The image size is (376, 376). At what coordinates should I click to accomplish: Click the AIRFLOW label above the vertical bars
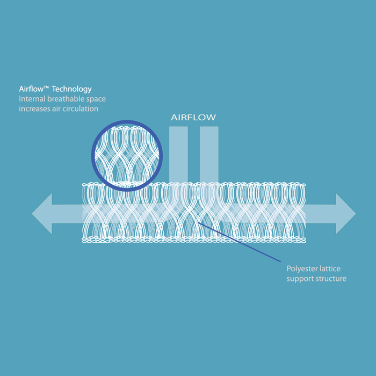tap(193, 117)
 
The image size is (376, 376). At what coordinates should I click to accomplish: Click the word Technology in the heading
tap(71, 89)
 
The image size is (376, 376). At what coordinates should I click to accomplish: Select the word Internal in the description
tap(32, 99)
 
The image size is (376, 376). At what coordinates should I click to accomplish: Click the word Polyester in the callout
tap(300, 269)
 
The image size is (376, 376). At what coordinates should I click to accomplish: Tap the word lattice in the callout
tap(328, 269)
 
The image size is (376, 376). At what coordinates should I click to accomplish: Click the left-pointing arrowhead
tap(42, 214)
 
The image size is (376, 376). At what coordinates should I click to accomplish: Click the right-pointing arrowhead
tap(345, 214)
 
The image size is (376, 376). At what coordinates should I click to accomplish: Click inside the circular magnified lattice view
tap(127, 156)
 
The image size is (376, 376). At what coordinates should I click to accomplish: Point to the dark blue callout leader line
tap(239, 242)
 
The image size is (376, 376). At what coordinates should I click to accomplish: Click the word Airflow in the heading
tap(31, 89)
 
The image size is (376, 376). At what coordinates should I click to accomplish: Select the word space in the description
tap(96, 99)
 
